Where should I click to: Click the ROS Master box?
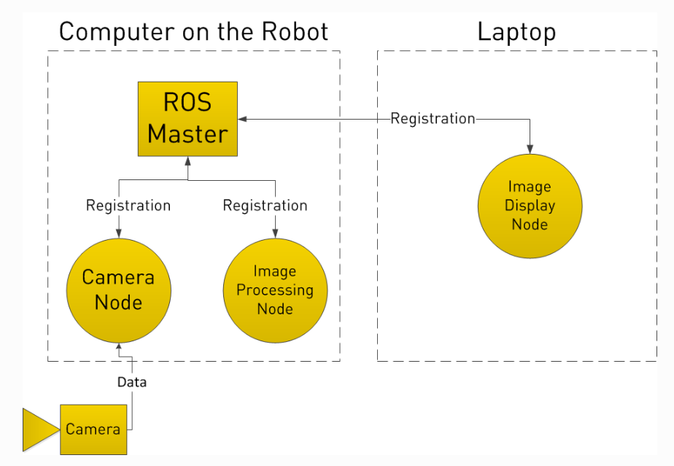(187, 118)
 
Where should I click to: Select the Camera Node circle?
(118, 290)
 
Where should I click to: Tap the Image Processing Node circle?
(275, 290)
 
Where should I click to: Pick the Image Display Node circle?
(530, 206)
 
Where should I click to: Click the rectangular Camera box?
(93, 429)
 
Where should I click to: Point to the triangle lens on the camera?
(39, 429)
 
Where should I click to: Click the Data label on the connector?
(132, 381)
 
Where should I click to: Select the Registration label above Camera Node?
(128, 206)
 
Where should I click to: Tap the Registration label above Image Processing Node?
(265, 206)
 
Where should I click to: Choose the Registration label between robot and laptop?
(433, 118)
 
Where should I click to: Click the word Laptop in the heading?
(516, 32)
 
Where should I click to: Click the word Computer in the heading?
(115, 32)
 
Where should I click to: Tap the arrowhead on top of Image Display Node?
(530, 149)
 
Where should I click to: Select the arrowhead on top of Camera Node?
(118, 233)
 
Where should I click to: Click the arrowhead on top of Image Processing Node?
(274, 233)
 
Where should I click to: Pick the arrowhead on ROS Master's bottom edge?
(187, 160)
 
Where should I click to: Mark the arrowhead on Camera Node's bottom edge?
(118, 346)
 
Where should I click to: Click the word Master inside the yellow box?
(187, 133)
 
